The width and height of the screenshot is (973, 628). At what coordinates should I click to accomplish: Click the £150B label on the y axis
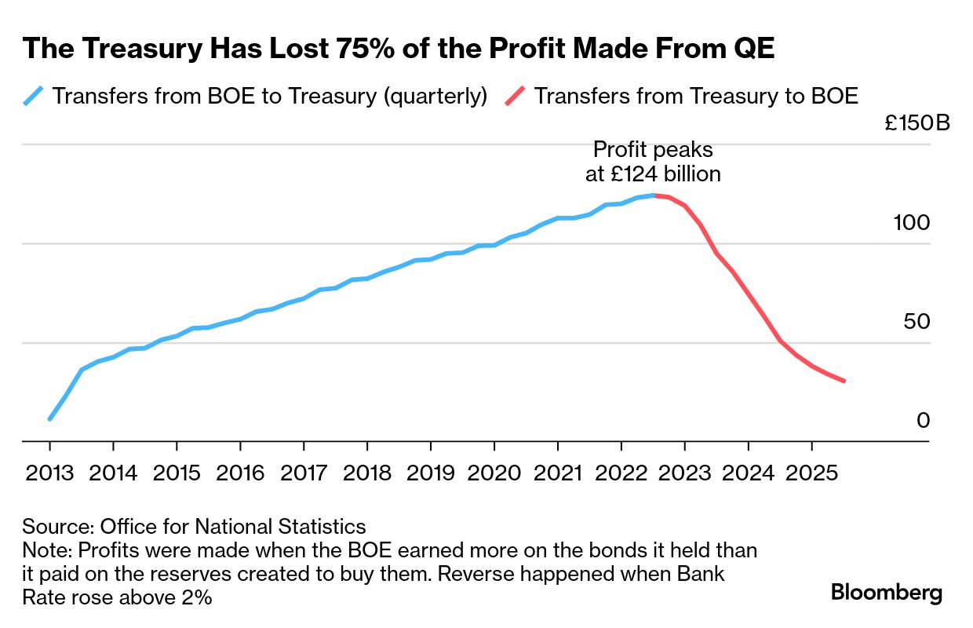point(917,124)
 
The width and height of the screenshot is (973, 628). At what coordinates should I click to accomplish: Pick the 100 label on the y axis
point(911,223)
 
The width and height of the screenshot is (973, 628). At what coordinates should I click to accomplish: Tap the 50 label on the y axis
point(917,322)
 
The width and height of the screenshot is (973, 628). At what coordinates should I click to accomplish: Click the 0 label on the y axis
point(923,422)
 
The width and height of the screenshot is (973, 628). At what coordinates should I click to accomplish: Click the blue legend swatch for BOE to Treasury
point(33,97)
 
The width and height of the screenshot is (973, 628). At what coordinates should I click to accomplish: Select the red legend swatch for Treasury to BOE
point(515,97)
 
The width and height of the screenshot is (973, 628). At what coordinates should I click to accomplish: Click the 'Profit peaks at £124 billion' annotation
point(653,162)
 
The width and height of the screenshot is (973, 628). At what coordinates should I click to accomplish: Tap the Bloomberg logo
point(887,593)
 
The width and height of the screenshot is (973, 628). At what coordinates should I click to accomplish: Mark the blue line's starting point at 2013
point(49,419)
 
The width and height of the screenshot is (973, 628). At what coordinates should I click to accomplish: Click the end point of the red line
point(844,381)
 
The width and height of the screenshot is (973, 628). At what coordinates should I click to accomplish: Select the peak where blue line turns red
point(654,195)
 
